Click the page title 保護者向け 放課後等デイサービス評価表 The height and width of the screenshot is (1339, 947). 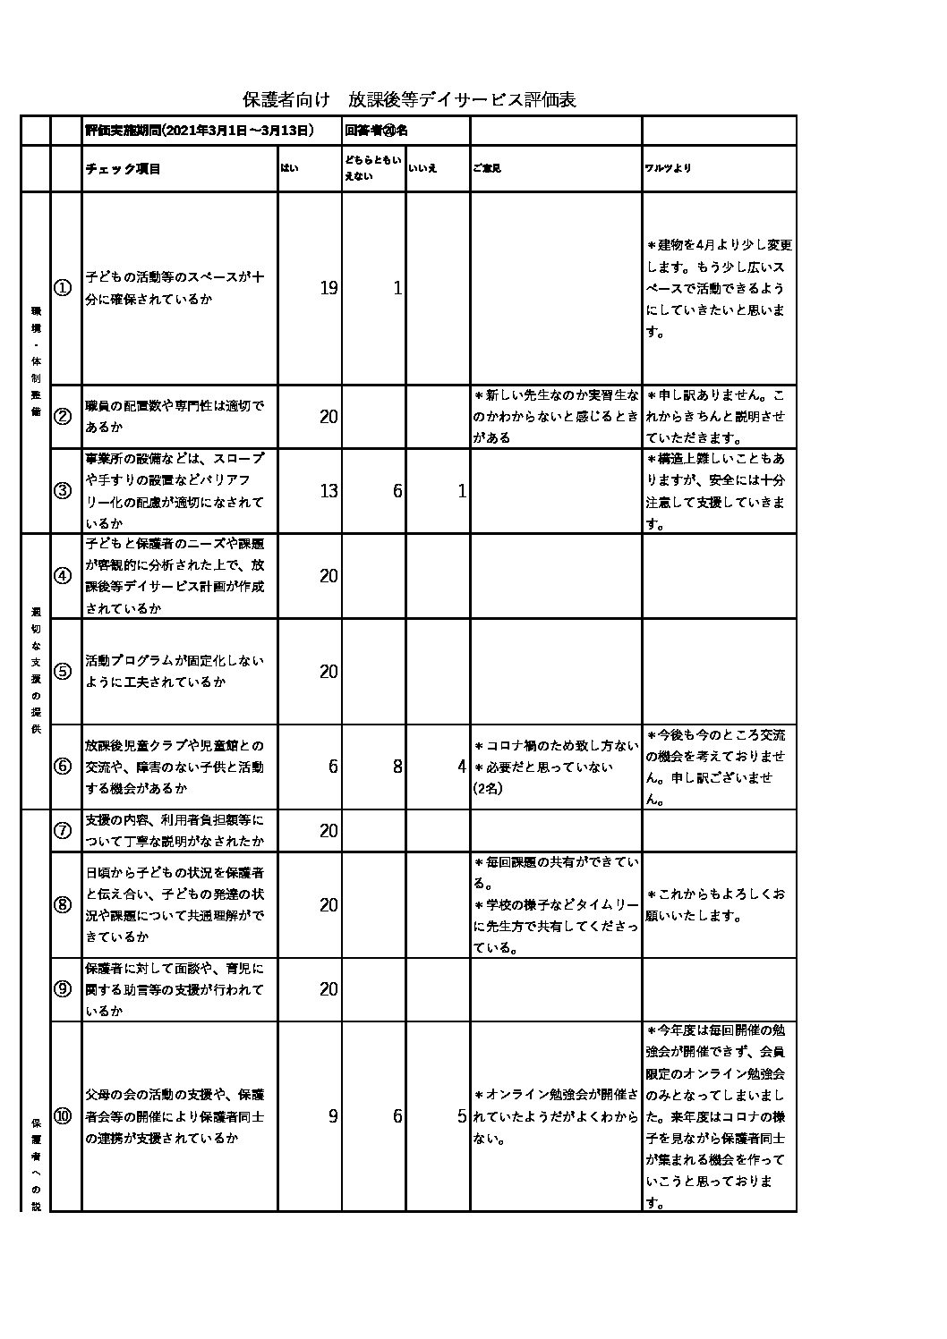point(409,99)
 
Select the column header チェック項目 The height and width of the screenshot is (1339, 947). point(123,169)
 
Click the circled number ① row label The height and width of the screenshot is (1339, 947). point(64,288)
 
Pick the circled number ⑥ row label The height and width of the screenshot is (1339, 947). point(64,767)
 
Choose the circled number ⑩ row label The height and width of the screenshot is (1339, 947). point(64,1116)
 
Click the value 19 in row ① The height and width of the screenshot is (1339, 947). point(328,288)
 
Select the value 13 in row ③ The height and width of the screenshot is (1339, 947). point(328,491)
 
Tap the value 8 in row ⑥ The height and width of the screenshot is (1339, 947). point(397,767)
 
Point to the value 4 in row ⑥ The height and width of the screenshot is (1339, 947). point(461,767)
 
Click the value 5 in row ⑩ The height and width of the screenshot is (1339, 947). point(461,1116)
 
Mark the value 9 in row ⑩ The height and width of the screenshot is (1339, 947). point(333,1116)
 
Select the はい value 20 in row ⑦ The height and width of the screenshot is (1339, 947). point(328,831)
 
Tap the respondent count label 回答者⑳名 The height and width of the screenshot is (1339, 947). point(377,131)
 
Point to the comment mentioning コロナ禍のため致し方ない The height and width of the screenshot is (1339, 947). point(556,746)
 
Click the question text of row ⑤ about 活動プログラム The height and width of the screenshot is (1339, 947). point(175,672)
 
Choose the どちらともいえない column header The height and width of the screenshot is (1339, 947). point(372,168)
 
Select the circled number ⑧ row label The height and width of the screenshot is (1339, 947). point(64,904)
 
